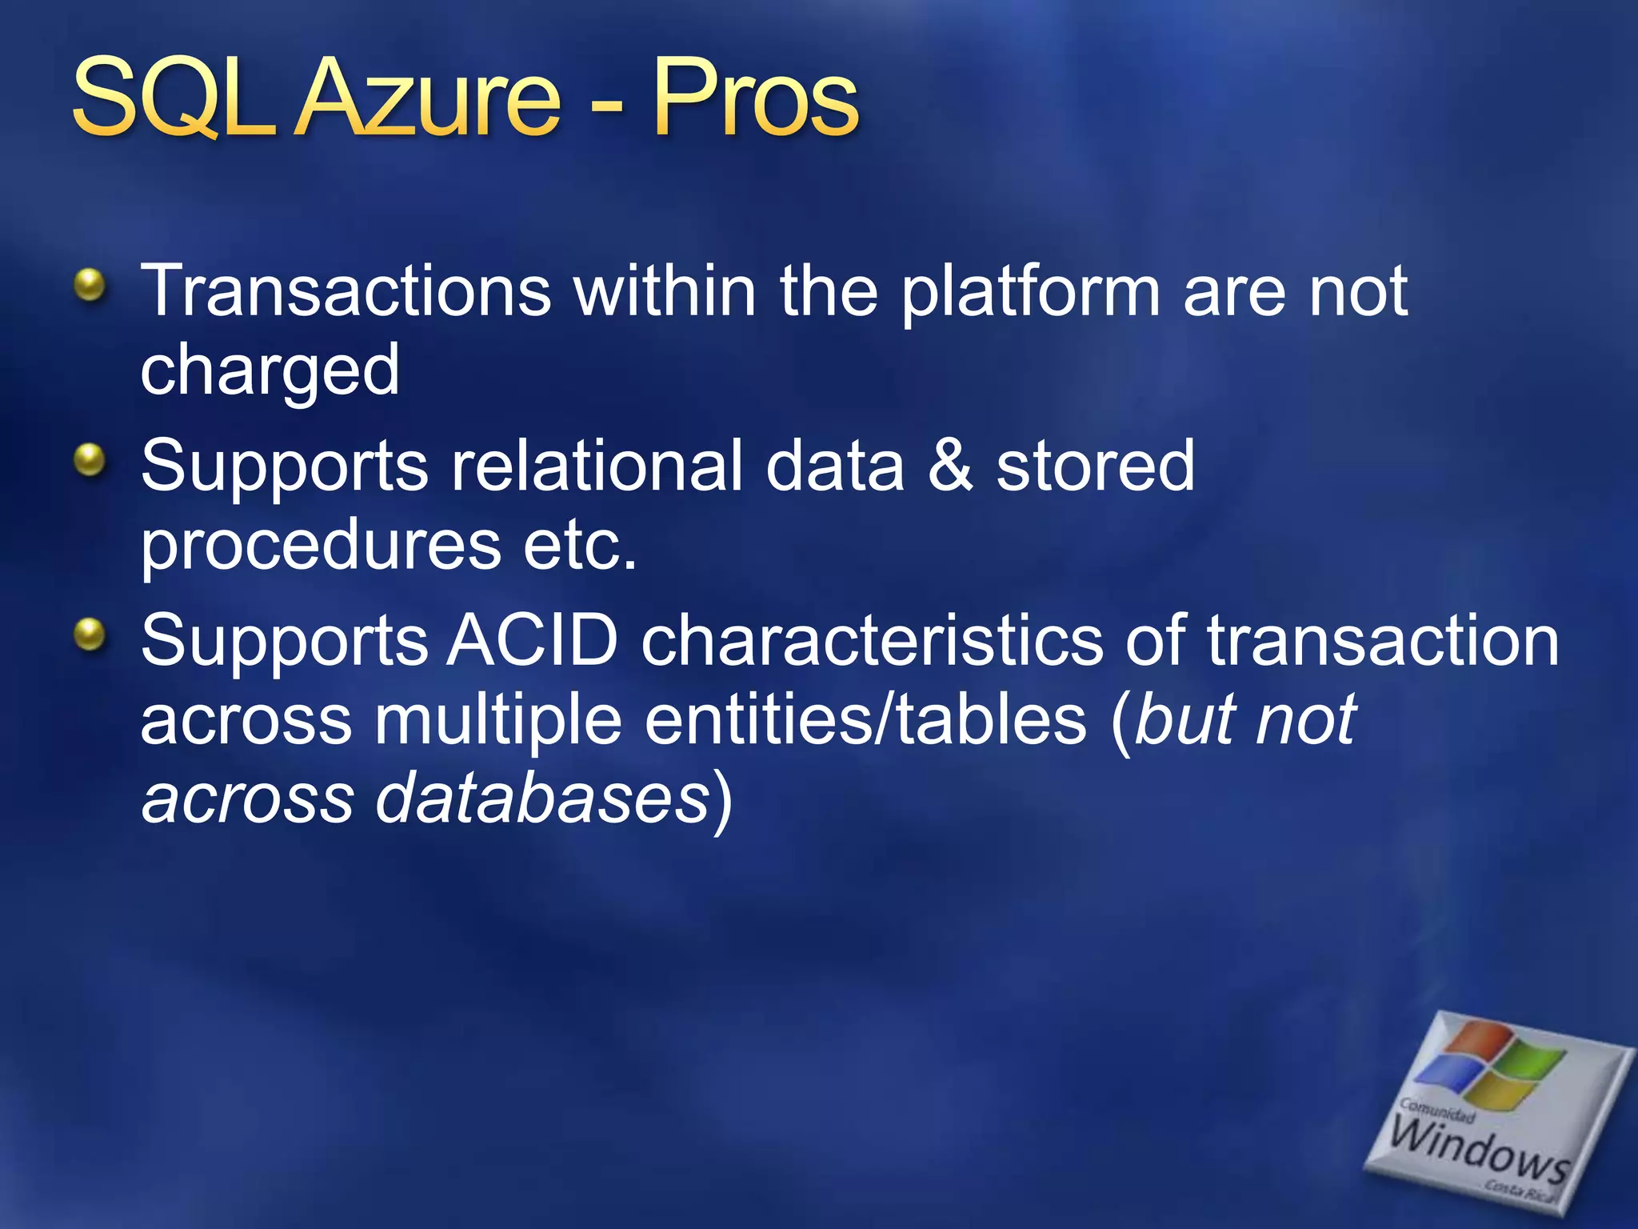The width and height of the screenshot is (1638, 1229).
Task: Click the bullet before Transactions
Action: point(90,285)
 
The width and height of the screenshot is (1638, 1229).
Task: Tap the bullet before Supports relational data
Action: point(90,460)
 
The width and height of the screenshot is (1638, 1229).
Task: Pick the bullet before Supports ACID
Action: point(90,635)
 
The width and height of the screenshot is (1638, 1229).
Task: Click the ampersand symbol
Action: point(949,466)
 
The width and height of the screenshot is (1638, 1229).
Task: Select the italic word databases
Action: point(543,799)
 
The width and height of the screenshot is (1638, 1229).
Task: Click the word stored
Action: point(1095,466)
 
